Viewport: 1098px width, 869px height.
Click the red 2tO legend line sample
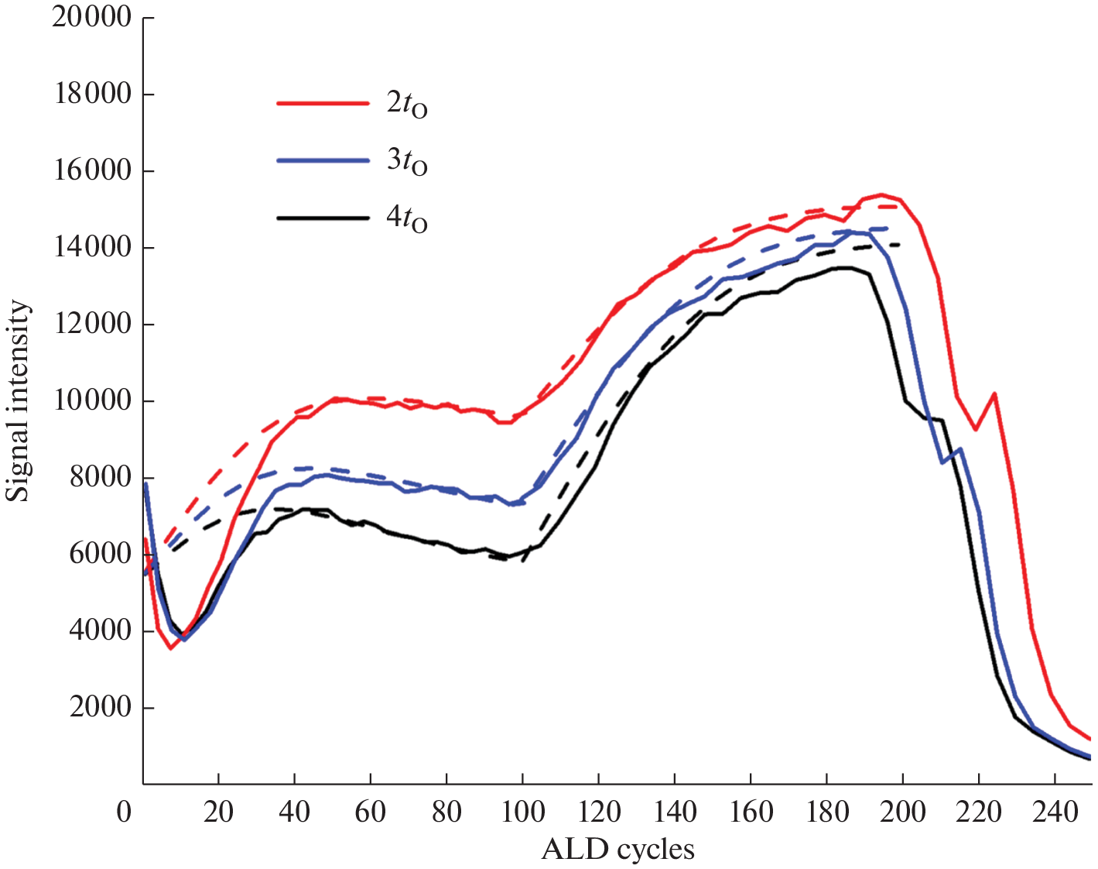pyautogui.click(x=323, y=102)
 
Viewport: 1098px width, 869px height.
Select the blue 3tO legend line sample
pyautogui.click(x=323, y=160)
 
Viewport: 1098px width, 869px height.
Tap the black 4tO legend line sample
pyautogui.click(x=323, y=218)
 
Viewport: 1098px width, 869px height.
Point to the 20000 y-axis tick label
pyautogui.click(x=91, y=17)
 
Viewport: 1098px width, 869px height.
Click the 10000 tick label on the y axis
pyautogui.click(x=91, y=400)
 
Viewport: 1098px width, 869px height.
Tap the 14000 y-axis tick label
pyautogui.click(x=91, y=247)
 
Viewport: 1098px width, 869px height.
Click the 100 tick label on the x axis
pyautogui.click(x=523, y=812)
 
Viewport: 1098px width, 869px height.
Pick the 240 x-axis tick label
pyautogui.click(x=1055, y=812)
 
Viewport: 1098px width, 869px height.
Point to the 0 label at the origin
pyautogui.click(x=124, y=812)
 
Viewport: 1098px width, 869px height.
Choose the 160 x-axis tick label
pyautogui.click(x=751, y=812)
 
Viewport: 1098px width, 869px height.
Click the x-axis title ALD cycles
pyautogui.click(x=617, y=850)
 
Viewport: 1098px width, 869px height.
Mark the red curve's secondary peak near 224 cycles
pyautogui.click(x=994, y=393)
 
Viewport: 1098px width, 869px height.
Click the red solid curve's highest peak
pyautogui.click(x=881, y=194)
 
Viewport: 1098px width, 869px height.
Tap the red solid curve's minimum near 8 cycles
pyautogui.click(x=171, y=647)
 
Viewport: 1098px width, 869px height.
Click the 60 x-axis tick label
pyautogui.click(x=371, y=812)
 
